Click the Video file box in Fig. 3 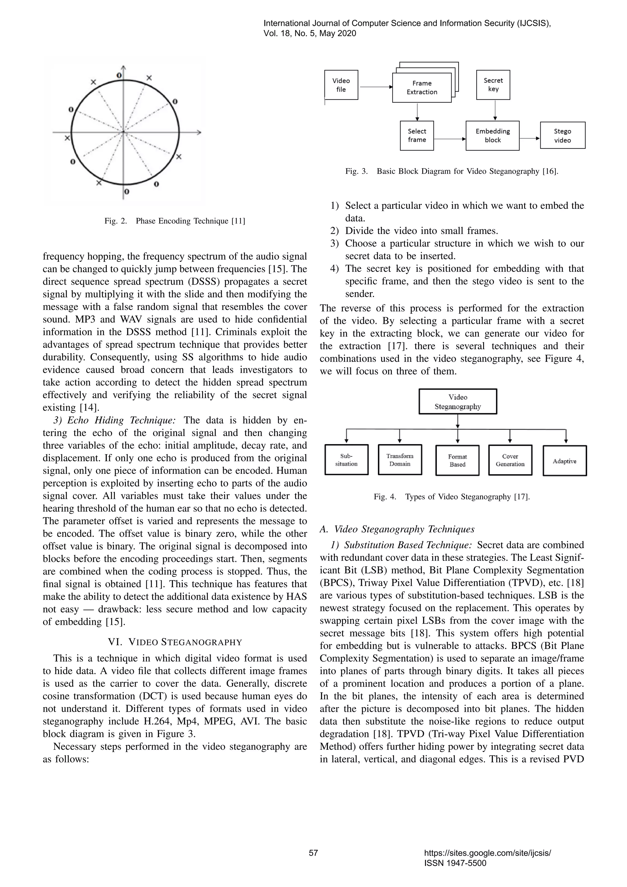click(x=341, y=85)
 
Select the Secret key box click(x=493, y=85)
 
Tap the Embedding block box click(x=492, y=136)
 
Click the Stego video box click(x=562, y=136)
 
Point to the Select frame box click(x=417, y=136)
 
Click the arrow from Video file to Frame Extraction click(x=375, y=87)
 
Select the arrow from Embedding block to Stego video click(x=529, y=138)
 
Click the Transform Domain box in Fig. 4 click(x=400, y=460)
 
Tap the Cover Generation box click(x=510, y=460)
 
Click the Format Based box click(x=457, y=460)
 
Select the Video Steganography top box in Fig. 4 click(x=457, y=402)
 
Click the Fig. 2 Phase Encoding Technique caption click(x=175, y=221)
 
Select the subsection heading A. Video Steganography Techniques click(x=397, y=529)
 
